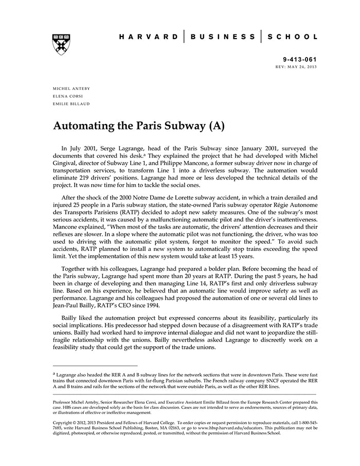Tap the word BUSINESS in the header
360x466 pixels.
[x=222, y=37]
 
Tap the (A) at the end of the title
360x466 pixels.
[x=217, y=125]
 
